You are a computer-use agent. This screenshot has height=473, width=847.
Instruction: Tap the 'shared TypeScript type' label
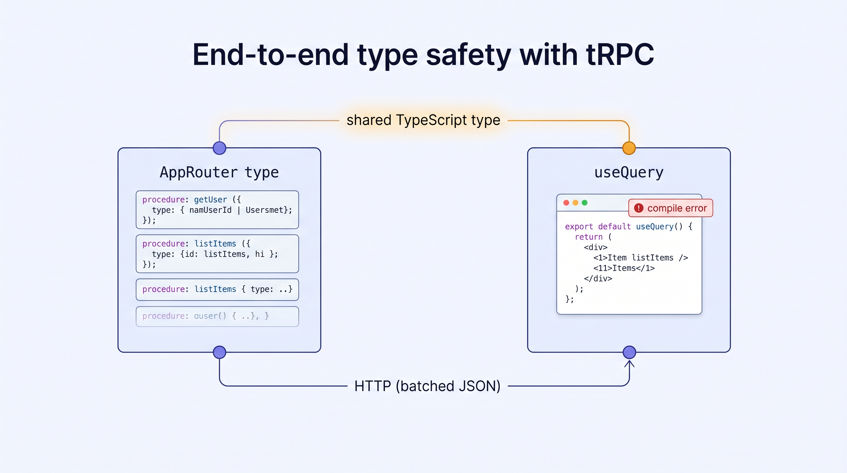click(423, 120)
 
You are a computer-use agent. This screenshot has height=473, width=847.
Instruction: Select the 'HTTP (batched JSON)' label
click(428, 386)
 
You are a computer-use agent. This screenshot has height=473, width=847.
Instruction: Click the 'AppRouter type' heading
click(219, 172)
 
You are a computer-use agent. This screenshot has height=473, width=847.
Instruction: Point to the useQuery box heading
click(629, 172)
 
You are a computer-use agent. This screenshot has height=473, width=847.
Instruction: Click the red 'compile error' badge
click(671, 208)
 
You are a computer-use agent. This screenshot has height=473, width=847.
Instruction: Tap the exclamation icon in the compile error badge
click(639, 208)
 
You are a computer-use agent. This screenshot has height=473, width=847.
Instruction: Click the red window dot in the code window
click(566, 203)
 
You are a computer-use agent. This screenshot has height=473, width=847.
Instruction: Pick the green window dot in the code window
click(584, 203)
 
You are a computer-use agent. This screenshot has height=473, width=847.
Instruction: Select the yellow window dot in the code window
click(576, 203)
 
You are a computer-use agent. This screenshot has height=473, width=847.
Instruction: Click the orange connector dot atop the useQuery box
click(629, 148)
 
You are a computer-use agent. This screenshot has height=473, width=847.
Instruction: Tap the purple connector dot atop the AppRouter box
click(220, 148)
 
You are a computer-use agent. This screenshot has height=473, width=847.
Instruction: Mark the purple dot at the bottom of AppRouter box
click(220, 352)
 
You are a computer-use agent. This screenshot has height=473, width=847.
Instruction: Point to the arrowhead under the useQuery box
click(629, 363)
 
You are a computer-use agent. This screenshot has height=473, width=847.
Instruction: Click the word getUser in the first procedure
click(211, 200)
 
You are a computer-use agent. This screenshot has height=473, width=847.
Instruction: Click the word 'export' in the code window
click(579, 227)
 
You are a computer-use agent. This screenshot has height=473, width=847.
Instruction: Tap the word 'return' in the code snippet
click(588, 237)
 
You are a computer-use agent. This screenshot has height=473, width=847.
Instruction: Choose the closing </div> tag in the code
click(598, 279)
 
